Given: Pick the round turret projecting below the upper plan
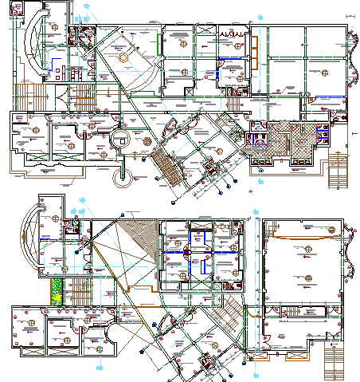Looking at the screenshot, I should tap(123, 171).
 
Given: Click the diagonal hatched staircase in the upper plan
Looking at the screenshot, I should tap(168, 163).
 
